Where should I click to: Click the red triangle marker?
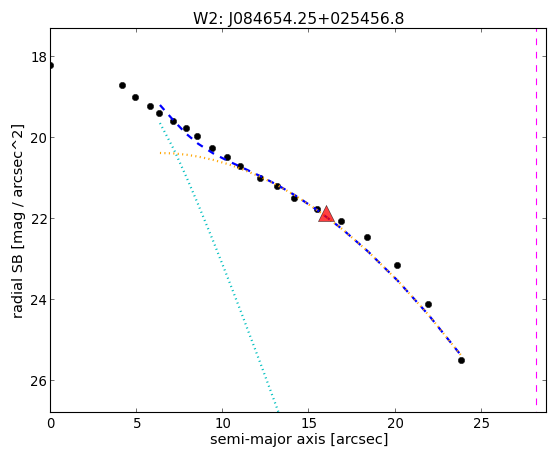(x=326, y=215)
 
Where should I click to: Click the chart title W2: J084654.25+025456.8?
(x=298, y=18)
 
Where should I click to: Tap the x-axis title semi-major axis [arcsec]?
(x=299, y=439)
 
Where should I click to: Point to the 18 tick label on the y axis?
(x=39, y=57)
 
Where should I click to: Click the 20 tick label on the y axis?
(x=39, y=138)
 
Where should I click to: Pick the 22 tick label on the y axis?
(x=39, y=219)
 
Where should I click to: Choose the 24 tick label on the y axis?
(x=39, y=300)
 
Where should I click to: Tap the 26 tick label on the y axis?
(x=39, y=381)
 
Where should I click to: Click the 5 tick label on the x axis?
(x=137, y=424)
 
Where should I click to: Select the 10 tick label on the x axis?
(x=222, y=424)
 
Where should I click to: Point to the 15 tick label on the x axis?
(x=309, y=424)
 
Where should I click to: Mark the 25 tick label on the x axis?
(x=481, y=424)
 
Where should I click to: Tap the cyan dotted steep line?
(x=218, y=266)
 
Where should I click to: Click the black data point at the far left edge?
(x=51, y=65)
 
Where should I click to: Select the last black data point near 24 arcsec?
(x=461, y=361)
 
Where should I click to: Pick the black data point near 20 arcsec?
(x=398, y=265)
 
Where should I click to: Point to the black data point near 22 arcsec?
(x=429, y=304)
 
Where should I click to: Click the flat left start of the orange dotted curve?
(x=161, y=153)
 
